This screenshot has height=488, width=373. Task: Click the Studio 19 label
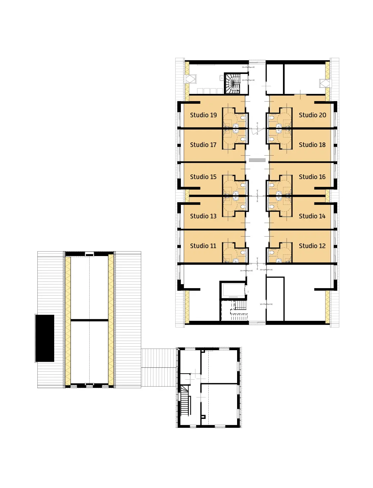pyautogui.click(x=203, y=115)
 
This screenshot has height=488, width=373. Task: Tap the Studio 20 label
pyautogui.click(x=312, y=115)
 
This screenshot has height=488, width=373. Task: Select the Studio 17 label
pyautogui.click(x=203, y=145)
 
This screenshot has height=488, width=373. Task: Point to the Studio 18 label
pyautogui.click(x=312, y=145)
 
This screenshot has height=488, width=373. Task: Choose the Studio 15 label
pyautogui.click(x=203, y=177)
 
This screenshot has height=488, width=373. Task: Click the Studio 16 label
pyautogui.click(x=312, y=177)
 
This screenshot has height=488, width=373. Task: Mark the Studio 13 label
pyautogui.click(x=203, y=216)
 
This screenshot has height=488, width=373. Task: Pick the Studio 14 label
pyautogui.click(x=312, y=216)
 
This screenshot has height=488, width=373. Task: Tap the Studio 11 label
pyautogui.click(x=203, y=246)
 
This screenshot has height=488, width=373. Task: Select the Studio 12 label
pyautogui.click(x=312, y=246)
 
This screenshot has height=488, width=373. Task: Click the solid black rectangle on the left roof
pyautogui.click(x=45, y=338)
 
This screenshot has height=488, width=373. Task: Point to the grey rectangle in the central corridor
pyautogui.click(x=257, y=160)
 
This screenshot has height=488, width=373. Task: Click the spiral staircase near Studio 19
pyautogui.click(x=233, y=83)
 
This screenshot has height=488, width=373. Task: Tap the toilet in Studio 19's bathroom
pyautogui.click(x=243, y=117)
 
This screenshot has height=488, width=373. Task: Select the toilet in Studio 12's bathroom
pyautogui.click(x=271, y=252)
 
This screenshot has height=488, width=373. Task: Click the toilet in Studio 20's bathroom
pyautogui.click(x=271, y=117)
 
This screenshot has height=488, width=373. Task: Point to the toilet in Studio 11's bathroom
pyautogui.click(x=243, y=252)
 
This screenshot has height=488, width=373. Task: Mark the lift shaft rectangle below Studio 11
pyautogui.click(x=233, y=290)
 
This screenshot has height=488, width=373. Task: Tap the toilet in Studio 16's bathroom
pyautogui.click(x=271, y=185)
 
